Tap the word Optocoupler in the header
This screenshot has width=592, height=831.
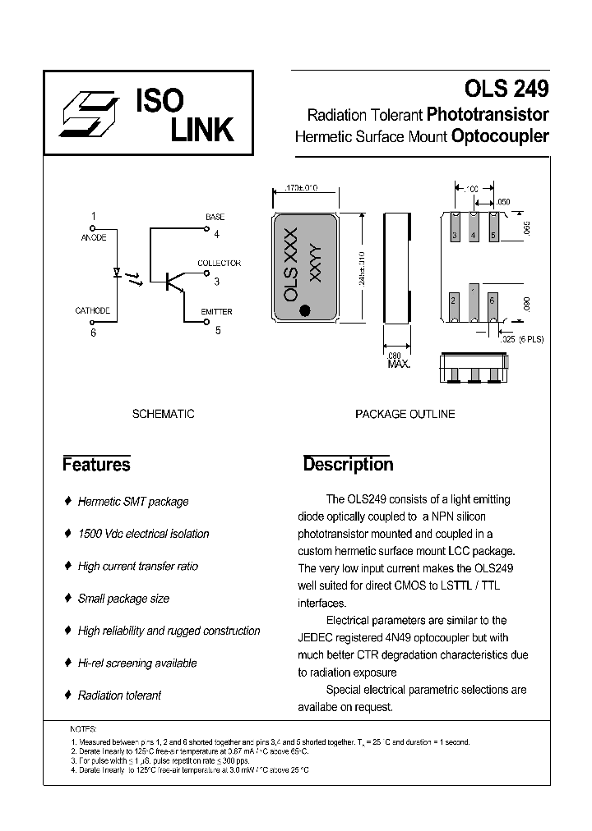pos(500,136)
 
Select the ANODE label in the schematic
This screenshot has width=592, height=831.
pos(95,237)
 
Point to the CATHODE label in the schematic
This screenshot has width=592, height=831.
pos(93,311)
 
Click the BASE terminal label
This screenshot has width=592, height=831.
pos(215,217)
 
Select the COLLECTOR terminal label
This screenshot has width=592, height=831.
pos(219,264)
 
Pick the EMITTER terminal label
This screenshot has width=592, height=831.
pos(217,312)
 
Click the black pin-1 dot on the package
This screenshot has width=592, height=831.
pos(306,310)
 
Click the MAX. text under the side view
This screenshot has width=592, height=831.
pos(398,363)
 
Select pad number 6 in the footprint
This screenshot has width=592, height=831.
pos(492,301)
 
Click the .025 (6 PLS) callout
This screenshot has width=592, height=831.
pos(522,339)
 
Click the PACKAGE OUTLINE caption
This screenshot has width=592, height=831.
pos(405,415)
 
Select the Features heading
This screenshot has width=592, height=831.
pos(96,465)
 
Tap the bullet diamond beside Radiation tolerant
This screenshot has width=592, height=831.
pos(67,696)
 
